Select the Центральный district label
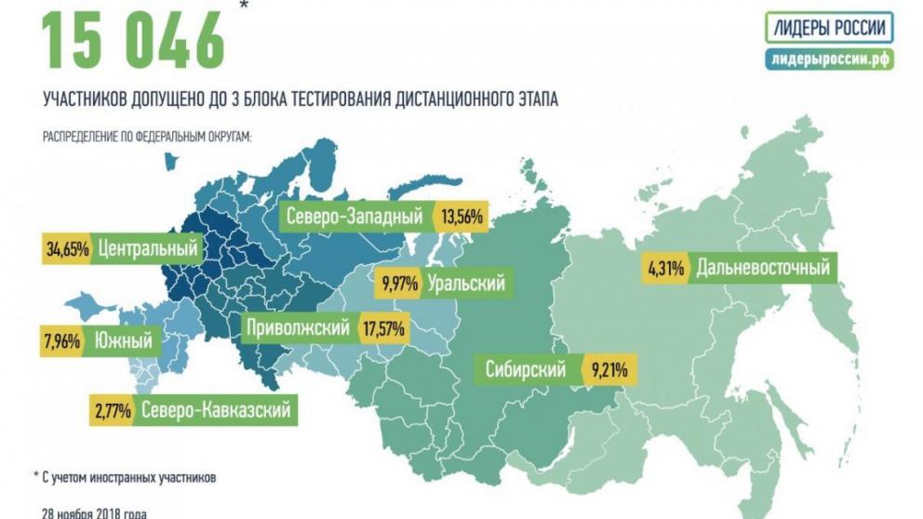click(x=148, y=249)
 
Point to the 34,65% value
click(x=66, y=249)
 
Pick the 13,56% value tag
click(x=461, y=217)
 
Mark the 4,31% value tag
click(x=666, y=270)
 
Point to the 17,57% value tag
click(x=382, y=327)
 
